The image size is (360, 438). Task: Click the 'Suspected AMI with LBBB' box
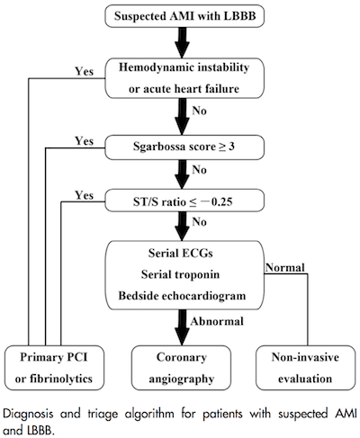184,15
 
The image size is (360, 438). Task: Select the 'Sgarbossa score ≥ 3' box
184,147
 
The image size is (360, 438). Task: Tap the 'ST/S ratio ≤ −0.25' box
184,201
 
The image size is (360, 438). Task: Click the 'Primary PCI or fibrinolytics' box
54,368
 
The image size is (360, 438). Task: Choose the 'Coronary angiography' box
182,368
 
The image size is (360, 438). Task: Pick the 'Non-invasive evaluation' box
305,368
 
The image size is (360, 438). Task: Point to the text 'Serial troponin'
180,274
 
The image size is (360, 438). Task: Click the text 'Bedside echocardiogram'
182,296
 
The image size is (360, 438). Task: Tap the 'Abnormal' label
217,321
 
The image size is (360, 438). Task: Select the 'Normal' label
285,267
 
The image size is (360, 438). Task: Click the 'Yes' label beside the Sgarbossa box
85,141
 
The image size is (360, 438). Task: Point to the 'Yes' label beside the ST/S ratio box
85,195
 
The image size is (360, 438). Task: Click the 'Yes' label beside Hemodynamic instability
85,71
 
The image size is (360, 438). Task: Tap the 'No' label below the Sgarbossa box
200,170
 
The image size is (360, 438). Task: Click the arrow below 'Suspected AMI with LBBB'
182,42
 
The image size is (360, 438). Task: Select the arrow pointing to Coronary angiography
182,327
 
